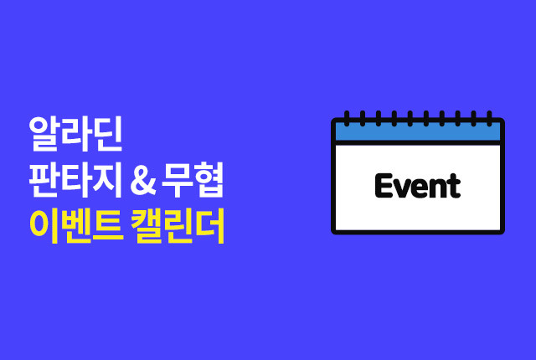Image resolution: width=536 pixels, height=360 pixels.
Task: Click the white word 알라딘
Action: click(75, 134)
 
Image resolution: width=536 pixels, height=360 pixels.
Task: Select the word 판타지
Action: click(75, 180)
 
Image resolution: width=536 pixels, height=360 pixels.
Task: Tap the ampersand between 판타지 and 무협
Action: click(143, 182)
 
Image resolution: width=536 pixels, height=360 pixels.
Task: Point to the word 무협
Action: click(193, 180)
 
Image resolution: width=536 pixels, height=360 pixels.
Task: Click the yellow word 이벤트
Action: click(76, 226)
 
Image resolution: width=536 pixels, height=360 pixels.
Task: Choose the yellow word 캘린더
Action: click(178, 226)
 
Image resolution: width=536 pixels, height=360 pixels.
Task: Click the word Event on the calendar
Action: click(418, 186)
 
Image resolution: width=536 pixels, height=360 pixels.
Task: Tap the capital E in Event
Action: click(384, 186)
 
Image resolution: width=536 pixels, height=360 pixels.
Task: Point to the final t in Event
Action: click(455, 186)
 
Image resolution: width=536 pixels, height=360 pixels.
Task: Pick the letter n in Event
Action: click(440, 188)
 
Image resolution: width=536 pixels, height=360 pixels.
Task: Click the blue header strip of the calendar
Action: click(418, 131)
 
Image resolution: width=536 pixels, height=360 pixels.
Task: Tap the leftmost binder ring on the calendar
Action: click(347, 119)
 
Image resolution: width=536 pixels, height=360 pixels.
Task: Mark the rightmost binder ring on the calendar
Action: click(489, 119)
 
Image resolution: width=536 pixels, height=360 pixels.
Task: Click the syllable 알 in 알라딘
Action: click(44, 134)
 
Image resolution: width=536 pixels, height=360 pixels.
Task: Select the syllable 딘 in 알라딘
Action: click(108, 134)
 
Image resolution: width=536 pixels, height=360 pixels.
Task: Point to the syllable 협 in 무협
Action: click(209, 180)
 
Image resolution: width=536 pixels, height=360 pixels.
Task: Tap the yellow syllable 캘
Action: click(147, 226)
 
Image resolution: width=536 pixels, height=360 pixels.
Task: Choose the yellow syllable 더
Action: click(210, 226)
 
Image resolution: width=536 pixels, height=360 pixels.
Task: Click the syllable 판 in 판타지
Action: click(44, 180)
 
